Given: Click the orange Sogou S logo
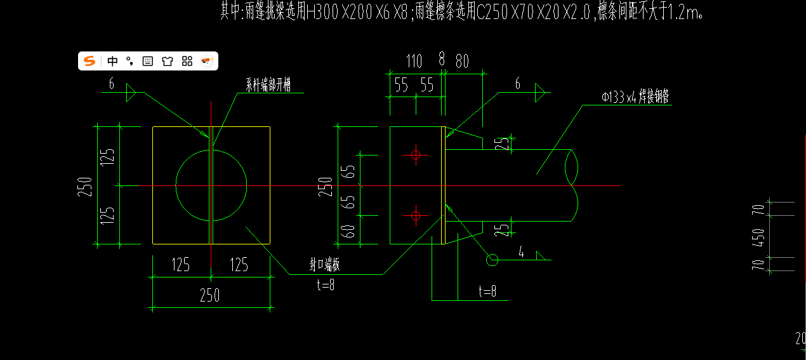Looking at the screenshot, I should point(89,61).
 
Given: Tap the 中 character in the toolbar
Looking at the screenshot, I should point(112,61).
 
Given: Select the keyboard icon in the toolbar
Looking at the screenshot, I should point(148,61).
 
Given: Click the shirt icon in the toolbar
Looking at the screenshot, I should point(168,61).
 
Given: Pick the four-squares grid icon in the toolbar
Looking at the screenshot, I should point(187,61).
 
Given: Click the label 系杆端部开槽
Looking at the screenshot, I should point(268,84).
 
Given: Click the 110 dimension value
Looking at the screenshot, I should point(414,62).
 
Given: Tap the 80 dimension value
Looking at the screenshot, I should point(462,62).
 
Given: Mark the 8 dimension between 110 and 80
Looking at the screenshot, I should point(442,60).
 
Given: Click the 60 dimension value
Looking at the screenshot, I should point(348,231).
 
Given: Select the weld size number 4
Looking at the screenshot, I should point(521,253).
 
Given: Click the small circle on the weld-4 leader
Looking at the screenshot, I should point(492,259).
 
